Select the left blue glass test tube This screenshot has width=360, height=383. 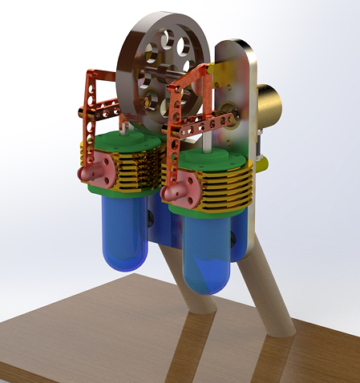125,232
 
